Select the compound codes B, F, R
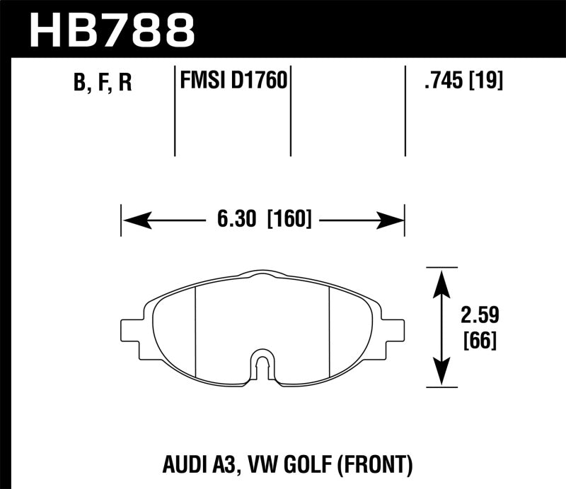coord(102,83)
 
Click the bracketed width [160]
coord(289,220)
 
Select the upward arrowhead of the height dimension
coord(442,281)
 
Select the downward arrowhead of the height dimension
coord(442,372)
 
